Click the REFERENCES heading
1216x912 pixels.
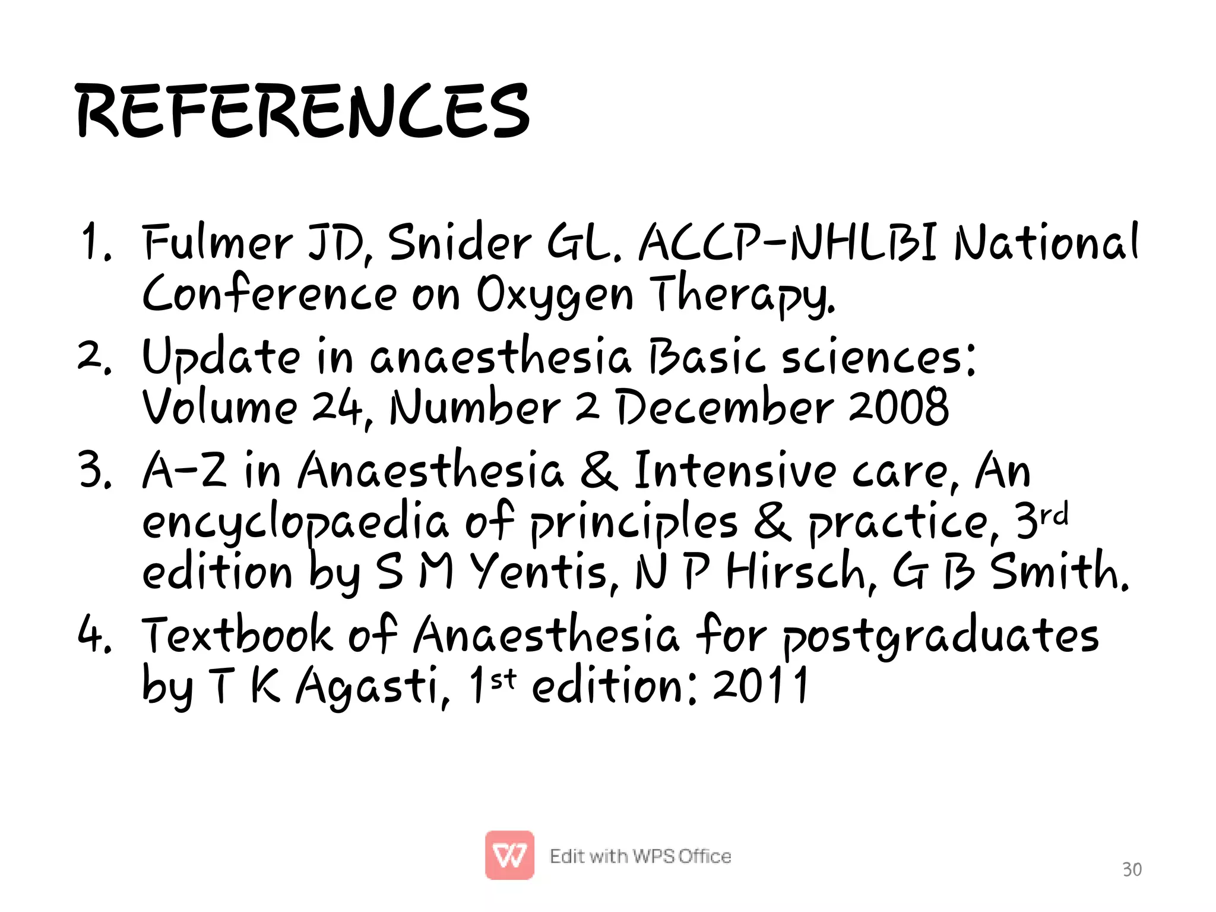[x=303, y=111]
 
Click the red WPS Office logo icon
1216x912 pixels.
[x=509, y=855]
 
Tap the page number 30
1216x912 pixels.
[x=1132, y=869]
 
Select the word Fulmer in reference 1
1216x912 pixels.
[x=218, y=242]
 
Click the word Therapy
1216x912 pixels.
[x=742, y=294]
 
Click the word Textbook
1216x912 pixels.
[x=237, y=635]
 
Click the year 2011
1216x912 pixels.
[x=761, y=686]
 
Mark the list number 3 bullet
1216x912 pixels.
[x=95, y=471]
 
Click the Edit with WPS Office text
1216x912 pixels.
[x=640, y=856]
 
